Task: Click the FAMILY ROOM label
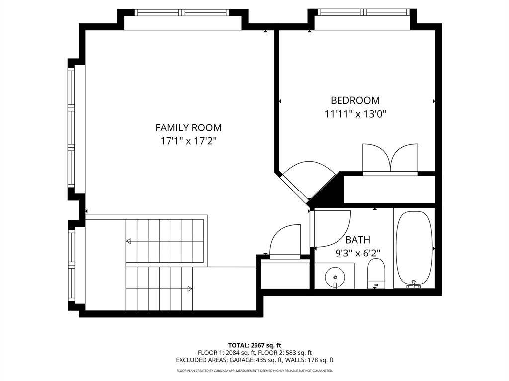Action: (x=188, y=127)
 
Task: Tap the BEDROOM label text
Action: (x=355, y=100)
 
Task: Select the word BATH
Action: (x=358, y=240)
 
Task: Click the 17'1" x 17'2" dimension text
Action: (x=188, y=141)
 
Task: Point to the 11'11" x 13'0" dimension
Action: (x=355, y=114)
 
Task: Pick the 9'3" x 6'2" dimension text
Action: (x=358, y=253)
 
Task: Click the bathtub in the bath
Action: (x=414, y=248)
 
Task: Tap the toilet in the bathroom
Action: (x=376, y=273)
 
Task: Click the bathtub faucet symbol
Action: (x=414, y=284)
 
